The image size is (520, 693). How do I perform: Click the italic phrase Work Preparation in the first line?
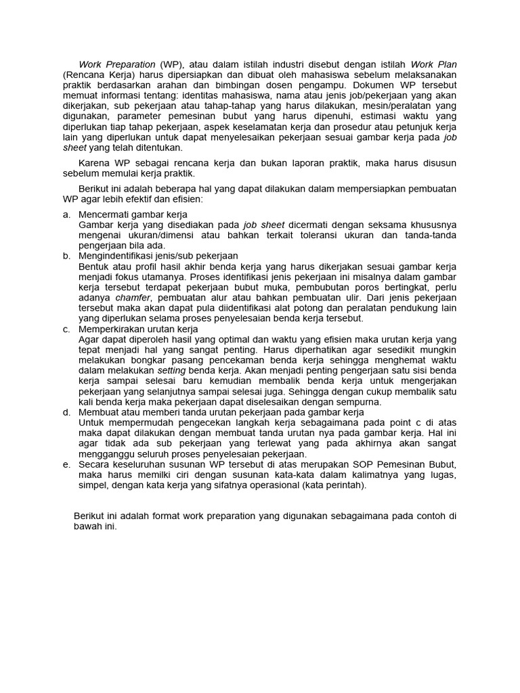pyautogui.click(x=116, y=64)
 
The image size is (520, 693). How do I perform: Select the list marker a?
pyautogui.click(x=66, y=214)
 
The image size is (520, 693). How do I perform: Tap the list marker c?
pyautogui.click(x=66, y=329)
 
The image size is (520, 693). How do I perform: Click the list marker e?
pyautogui.click(x=66, y=465)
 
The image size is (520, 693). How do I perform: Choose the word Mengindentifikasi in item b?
pyautogui.click(x=118, y=256)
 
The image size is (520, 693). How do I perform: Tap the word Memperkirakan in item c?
pyautogui.click(x=113, y=329)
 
